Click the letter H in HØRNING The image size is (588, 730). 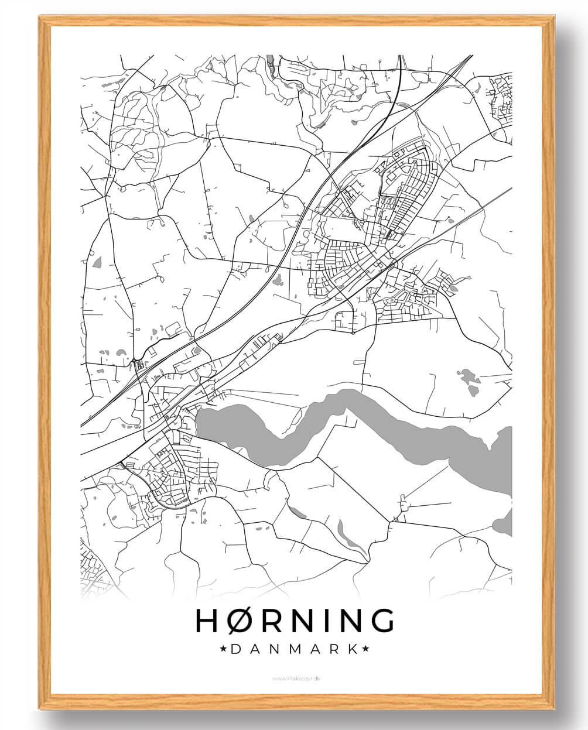pyautogui.click(x=207, y=621)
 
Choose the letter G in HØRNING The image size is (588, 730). pyautogui.click(x=381, y=621)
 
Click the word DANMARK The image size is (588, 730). pyautogui.click(x=294, y=649)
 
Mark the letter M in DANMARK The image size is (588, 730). pyautogui.click(x=294, y=649)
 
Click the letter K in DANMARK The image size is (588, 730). pyautogui.click(x=353, y=649)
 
